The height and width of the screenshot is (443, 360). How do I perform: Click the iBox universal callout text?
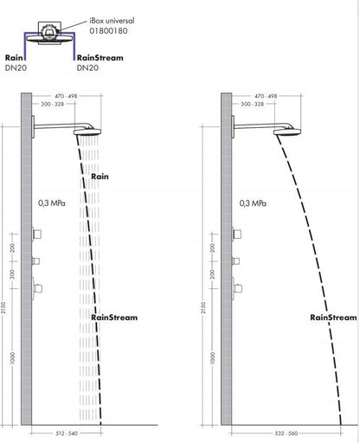(112, 21)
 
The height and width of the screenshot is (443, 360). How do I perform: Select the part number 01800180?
(108, 31)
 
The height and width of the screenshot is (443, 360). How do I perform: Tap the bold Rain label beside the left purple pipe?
(14, 58)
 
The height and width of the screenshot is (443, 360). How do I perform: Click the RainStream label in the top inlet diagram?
(100, 58)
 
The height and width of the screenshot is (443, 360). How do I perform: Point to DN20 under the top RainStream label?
(87, 67)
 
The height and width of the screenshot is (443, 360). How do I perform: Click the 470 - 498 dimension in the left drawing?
(66, 96)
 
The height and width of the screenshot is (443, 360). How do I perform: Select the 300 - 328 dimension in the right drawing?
(253, 104)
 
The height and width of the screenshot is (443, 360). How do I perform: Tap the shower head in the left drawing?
(87, 132)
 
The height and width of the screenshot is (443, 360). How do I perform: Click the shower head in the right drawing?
(287, 132)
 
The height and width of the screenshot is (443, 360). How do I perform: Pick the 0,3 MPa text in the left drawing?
(52, 203)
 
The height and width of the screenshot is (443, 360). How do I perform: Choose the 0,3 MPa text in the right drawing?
(253, 203)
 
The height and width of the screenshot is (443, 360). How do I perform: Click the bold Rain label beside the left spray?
(100, 177)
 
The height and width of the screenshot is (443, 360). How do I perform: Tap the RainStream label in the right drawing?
(333, 318)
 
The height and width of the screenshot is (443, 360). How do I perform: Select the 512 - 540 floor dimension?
(67, 433)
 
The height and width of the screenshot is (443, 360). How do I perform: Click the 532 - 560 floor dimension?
(286, 433)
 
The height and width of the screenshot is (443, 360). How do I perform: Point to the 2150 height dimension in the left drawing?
(3, 308)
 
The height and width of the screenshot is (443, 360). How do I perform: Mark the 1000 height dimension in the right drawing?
(213, 358)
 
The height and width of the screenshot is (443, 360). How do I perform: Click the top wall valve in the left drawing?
(36, 234)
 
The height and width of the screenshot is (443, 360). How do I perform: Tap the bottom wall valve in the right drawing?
(237, 288)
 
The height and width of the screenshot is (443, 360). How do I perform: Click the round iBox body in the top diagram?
(49, 32)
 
